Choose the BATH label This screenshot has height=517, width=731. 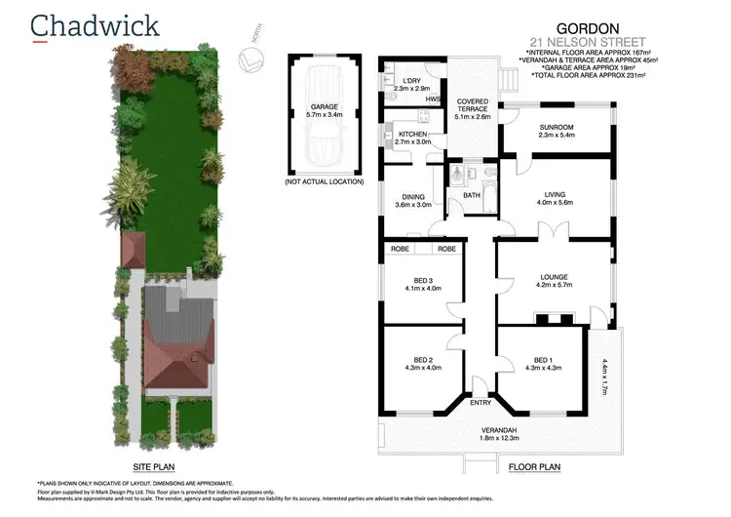tap(472, 195)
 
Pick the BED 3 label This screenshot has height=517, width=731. tap(421, 280)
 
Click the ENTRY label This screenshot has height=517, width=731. tap(481, 402)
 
